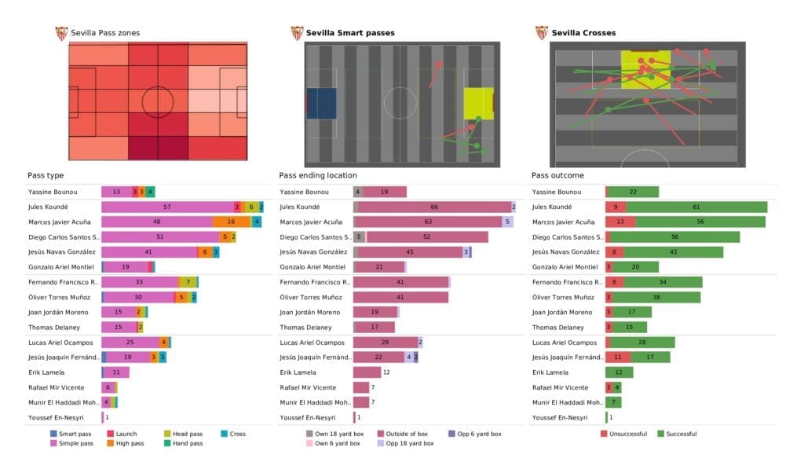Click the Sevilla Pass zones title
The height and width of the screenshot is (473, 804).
click(105, 33)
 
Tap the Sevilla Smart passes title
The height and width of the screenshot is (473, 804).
click(350, 33)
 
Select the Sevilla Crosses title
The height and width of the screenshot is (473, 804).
click(583, 33)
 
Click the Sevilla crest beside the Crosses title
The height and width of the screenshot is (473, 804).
click(542, 33)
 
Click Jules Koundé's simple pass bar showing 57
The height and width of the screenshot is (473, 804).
click(167, 207)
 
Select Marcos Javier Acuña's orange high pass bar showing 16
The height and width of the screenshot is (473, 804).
click(231, 222)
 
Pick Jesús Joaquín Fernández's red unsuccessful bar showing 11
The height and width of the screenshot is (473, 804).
click(617, 357)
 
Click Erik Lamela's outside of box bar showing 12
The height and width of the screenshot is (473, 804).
click(367, 372)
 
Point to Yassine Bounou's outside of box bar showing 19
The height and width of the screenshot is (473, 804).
click(385, 192)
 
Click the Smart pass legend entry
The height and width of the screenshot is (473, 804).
click(75, 433)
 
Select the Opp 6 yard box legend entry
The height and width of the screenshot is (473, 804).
click(478, 433)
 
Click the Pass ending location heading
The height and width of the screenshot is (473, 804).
click(318, 175)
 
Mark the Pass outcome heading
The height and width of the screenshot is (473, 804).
click(557, 175)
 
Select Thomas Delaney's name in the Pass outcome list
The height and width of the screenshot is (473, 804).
click(558, 327)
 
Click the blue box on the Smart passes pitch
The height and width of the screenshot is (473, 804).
click(321, 103)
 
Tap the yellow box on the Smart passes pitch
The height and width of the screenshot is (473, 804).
click(477, 103)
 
